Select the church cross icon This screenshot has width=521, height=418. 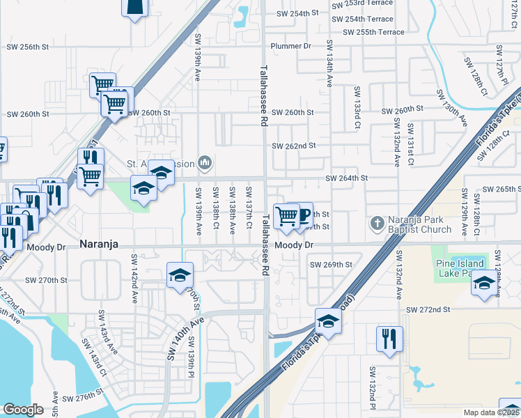coord(377,224)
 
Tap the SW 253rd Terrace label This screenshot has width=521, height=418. coord(362,6)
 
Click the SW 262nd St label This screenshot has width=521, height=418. coord(294,146)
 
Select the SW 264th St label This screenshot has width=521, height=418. coord(348,178)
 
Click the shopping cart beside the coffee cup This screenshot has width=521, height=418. coord(286,216)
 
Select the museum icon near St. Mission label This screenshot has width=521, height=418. coord(205,163)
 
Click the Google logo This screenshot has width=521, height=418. coord(23,410)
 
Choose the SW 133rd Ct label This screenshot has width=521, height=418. coord(357,109)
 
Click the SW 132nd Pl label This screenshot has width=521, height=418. coord(373,397)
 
